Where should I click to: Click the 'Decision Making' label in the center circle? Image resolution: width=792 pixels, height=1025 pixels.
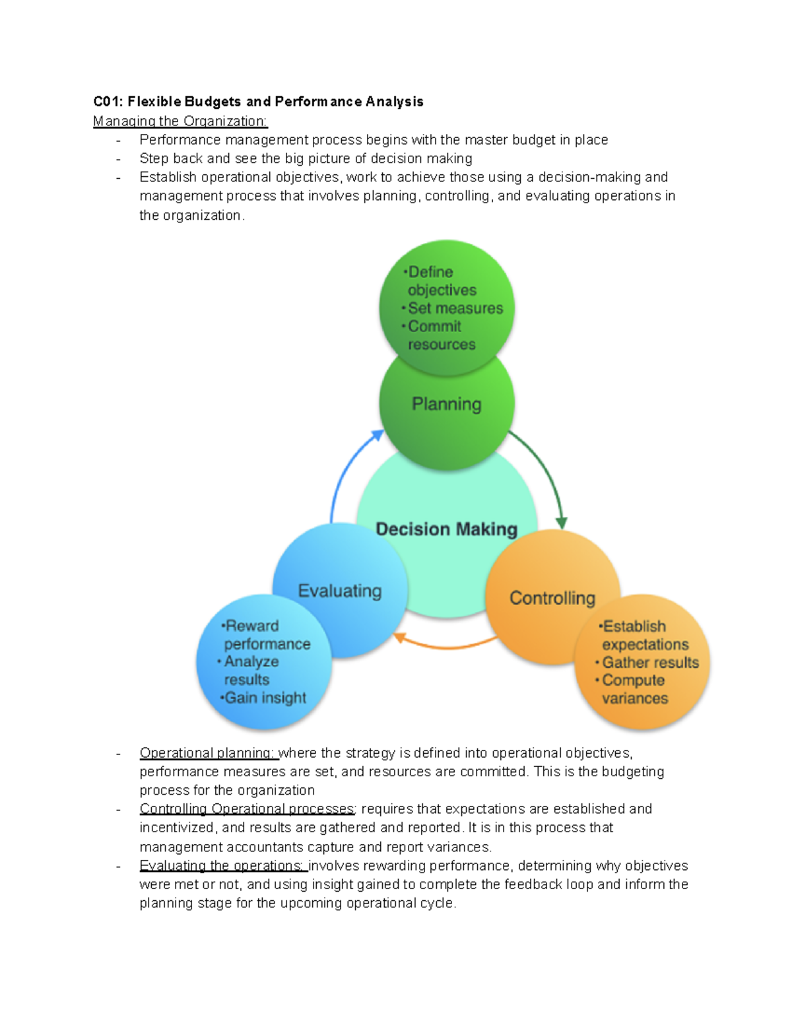click(x=446, y=529)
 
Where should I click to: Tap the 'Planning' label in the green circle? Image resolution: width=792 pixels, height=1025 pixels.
click(x=446, y=404)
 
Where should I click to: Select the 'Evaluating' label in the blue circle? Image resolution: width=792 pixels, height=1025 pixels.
click(x=340, y=591)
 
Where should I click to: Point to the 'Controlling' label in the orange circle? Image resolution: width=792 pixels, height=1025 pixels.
click(x=552, y=598)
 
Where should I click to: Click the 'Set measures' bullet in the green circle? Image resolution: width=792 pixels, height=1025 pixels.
click(x=455, y=308)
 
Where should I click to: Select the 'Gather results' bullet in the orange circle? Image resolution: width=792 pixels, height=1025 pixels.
click(x=650, y=662)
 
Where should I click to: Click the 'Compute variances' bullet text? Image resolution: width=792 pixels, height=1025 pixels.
click(x=634, y=689)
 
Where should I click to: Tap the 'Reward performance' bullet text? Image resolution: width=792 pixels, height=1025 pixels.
click(x=266, y=634)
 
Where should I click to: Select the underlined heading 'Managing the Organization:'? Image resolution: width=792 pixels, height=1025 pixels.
click(x=180, y=121)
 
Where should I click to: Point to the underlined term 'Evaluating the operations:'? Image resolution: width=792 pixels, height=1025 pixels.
click(x=222, y=865)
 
